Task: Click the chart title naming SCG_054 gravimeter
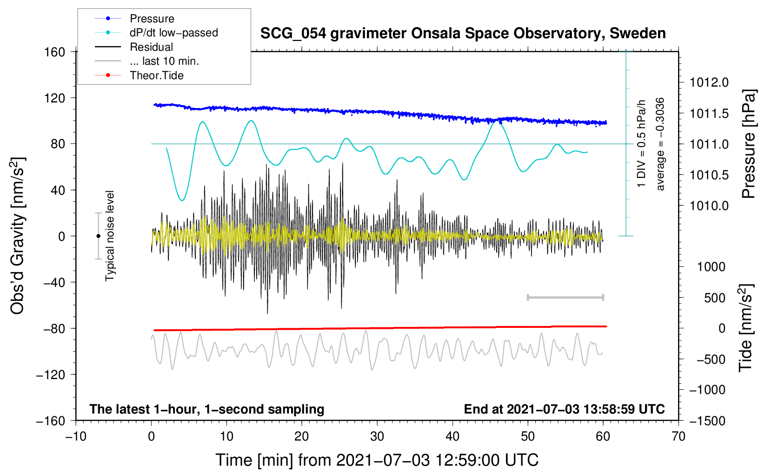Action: point(463,34)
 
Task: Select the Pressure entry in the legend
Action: point(152,19)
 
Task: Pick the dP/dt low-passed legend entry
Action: point(173,33)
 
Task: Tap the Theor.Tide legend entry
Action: point(156,75)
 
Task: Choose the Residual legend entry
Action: point(151,47)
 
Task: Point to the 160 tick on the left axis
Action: point(55,52)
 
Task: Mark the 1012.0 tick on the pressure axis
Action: point(709,82)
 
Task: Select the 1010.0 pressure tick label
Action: point(709,205)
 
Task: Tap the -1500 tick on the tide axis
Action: point(707,421)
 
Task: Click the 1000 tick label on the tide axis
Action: point(711,267)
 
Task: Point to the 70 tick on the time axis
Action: point(679,436)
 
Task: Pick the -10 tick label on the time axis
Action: point(76,436)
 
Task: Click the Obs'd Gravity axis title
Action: point(17,236)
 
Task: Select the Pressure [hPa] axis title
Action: point(749,144)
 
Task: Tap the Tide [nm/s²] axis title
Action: point(745,328)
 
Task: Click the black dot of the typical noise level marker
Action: point(98,236)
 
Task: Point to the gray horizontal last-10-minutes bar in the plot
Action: point(565,297)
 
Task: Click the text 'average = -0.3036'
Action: point(660,144)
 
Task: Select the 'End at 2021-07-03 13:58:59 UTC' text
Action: point(564,409)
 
